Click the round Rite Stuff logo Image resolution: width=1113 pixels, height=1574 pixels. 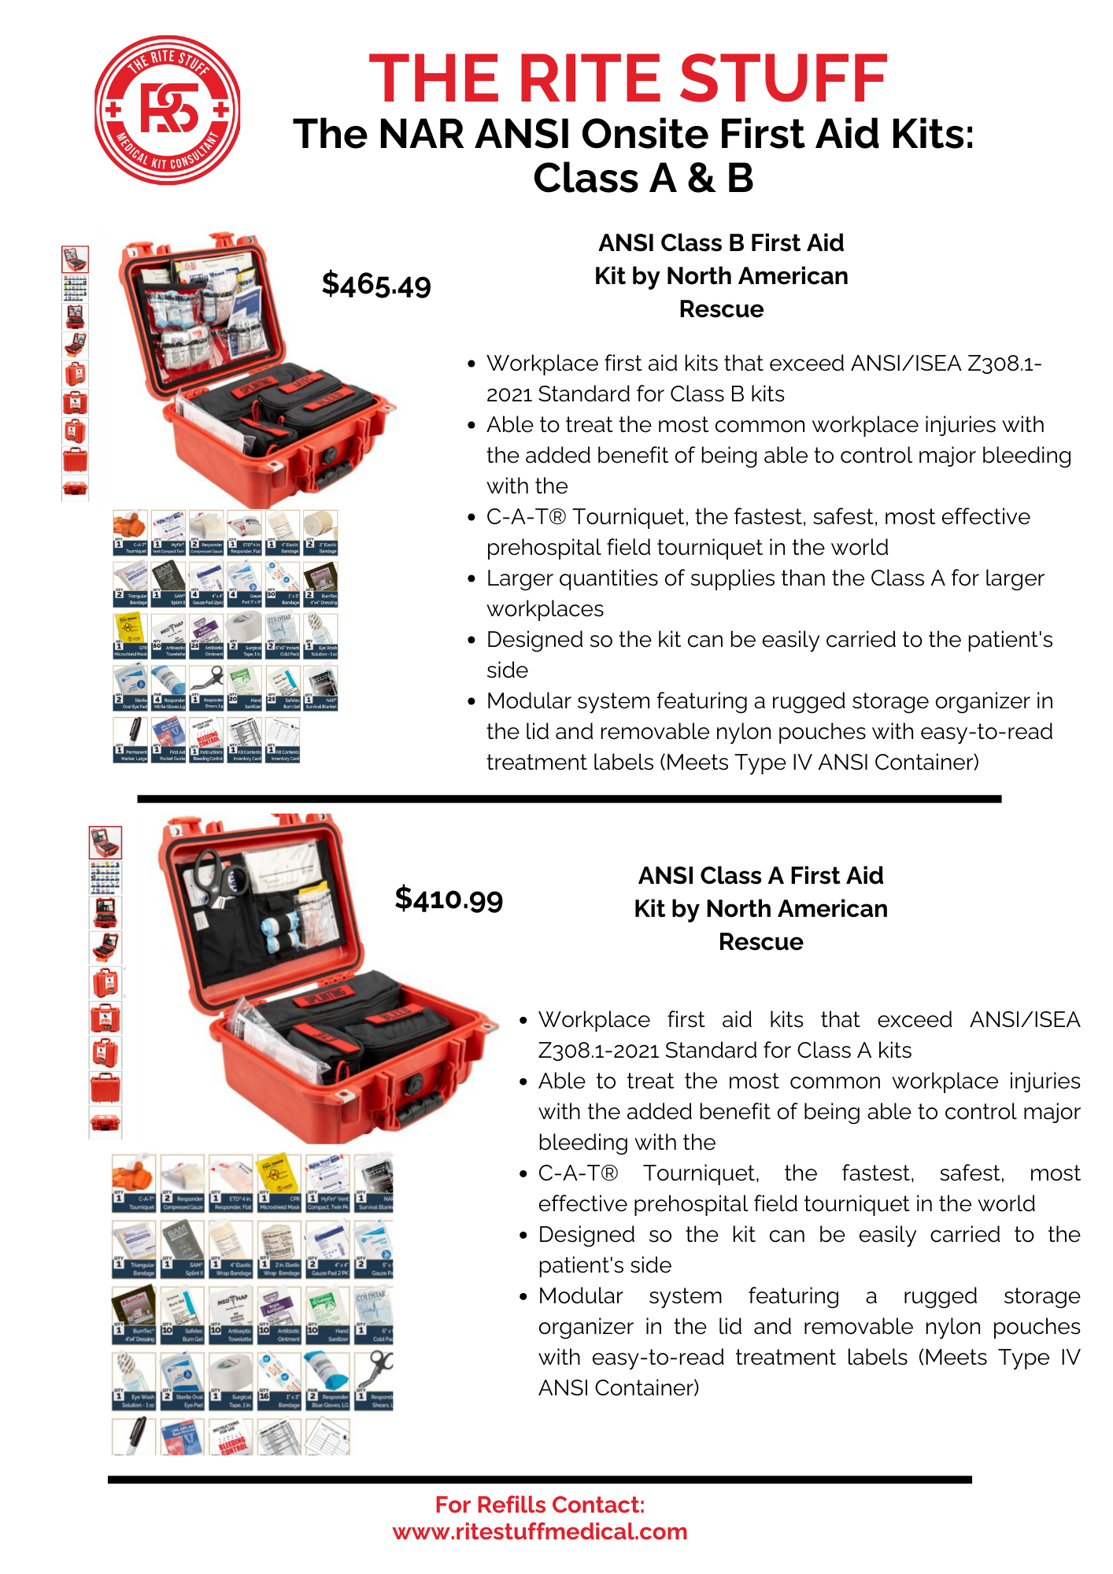pyautogui.click(x=167, y=110)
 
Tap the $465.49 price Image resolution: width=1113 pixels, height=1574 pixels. pyautogui.click(x=376, y=285)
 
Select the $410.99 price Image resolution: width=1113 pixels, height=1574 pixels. pyautogui.click(x=449, y=899)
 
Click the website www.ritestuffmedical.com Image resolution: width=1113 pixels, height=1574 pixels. pyautogui.click(x=540, y=1532)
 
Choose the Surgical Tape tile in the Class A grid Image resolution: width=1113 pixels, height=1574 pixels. pyautogui.click(x=231, y=1381)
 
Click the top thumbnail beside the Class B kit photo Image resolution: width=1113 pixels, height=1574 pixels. pyautogui.click(x=76, y=259)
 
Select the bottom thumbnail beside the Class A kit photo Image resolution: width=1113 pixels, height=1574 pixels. pyautogui.click(x=105, y=1122)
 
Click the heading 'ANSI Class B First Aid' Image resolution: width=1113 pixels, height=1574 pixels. pyautogui.click(x=720, y=243)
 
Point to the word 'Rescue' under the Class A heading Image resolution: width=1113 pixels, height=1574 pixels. pyautogui.click(x=760, y=942)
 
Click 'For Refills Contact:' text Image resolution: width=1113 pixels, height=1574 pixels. pyautogui.click(x=540, y=1505)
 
